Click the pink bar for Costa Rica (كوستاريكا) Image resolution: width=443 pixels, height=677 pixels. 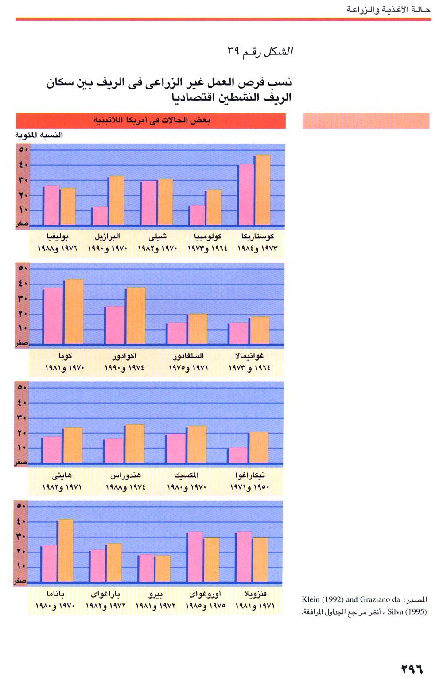[246, 195]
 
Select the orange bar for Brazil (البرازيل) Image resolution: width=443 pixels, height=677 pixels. [117, 200]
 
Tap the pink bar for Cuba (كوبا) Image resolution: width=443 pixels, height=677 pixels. [53, 315]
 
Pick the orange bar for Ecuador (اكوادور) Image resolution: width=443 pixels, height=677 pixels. [136, 315]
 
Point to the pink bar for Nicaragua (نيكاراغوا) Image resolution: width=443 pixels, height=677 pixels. [237, 455]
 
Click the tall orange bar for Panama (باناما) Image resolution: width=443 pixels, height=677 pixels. [66, 550]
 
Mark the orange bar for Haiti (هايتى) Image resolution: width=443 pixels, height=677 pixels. [72, 445]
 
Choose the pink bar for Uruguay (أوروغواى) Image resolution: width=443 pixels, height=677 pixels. [195, 557]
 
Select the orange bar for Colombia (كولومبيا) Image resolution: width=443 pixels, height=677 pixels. [214, 207]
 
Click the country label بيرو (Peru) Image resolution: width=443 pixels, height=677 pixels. [155, 594]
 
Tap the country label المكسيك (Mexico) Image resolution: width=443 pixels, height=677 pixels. [187, 475]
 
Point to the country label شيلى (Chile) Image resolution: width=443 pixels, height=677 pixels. [158, 236]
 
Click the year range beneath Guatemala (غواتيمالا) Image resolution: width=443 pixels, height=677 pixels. [249, 368]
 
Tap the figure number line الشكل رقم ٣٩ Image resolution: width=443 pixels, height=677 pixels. [260, 52]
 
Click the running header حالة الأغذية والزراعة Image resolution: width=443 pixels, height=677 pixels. [389, 9]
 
